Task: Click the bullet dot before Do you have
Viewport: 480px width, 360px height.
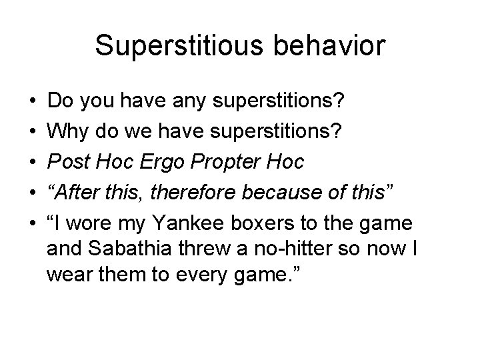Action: pyautogui.click(x=33, y=102)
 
